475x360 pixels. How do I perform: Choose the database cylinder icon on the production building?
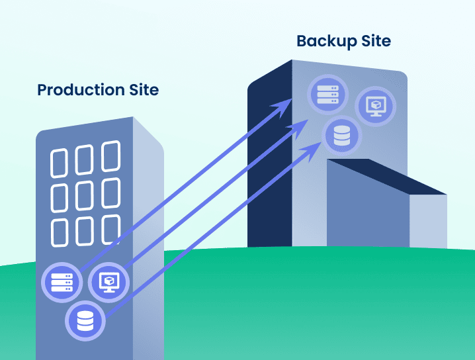pyautogui.click(x=85, y=322)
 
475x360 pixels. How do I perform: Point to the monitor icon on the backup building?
pyautogui.click(x=375, y=106)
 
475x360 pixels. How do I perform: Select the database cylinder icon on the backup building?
pyautogui.click(x=342, y=136)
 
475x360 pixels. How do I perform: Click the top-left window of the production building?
pyautogui.click(x=61, y=161)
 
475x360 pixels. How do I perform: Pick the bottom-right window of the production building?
pyautogui.click(x=110, y=228)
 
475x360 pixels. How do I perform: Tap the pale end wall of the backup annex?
pyautogui.click(x=428, y=221)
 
